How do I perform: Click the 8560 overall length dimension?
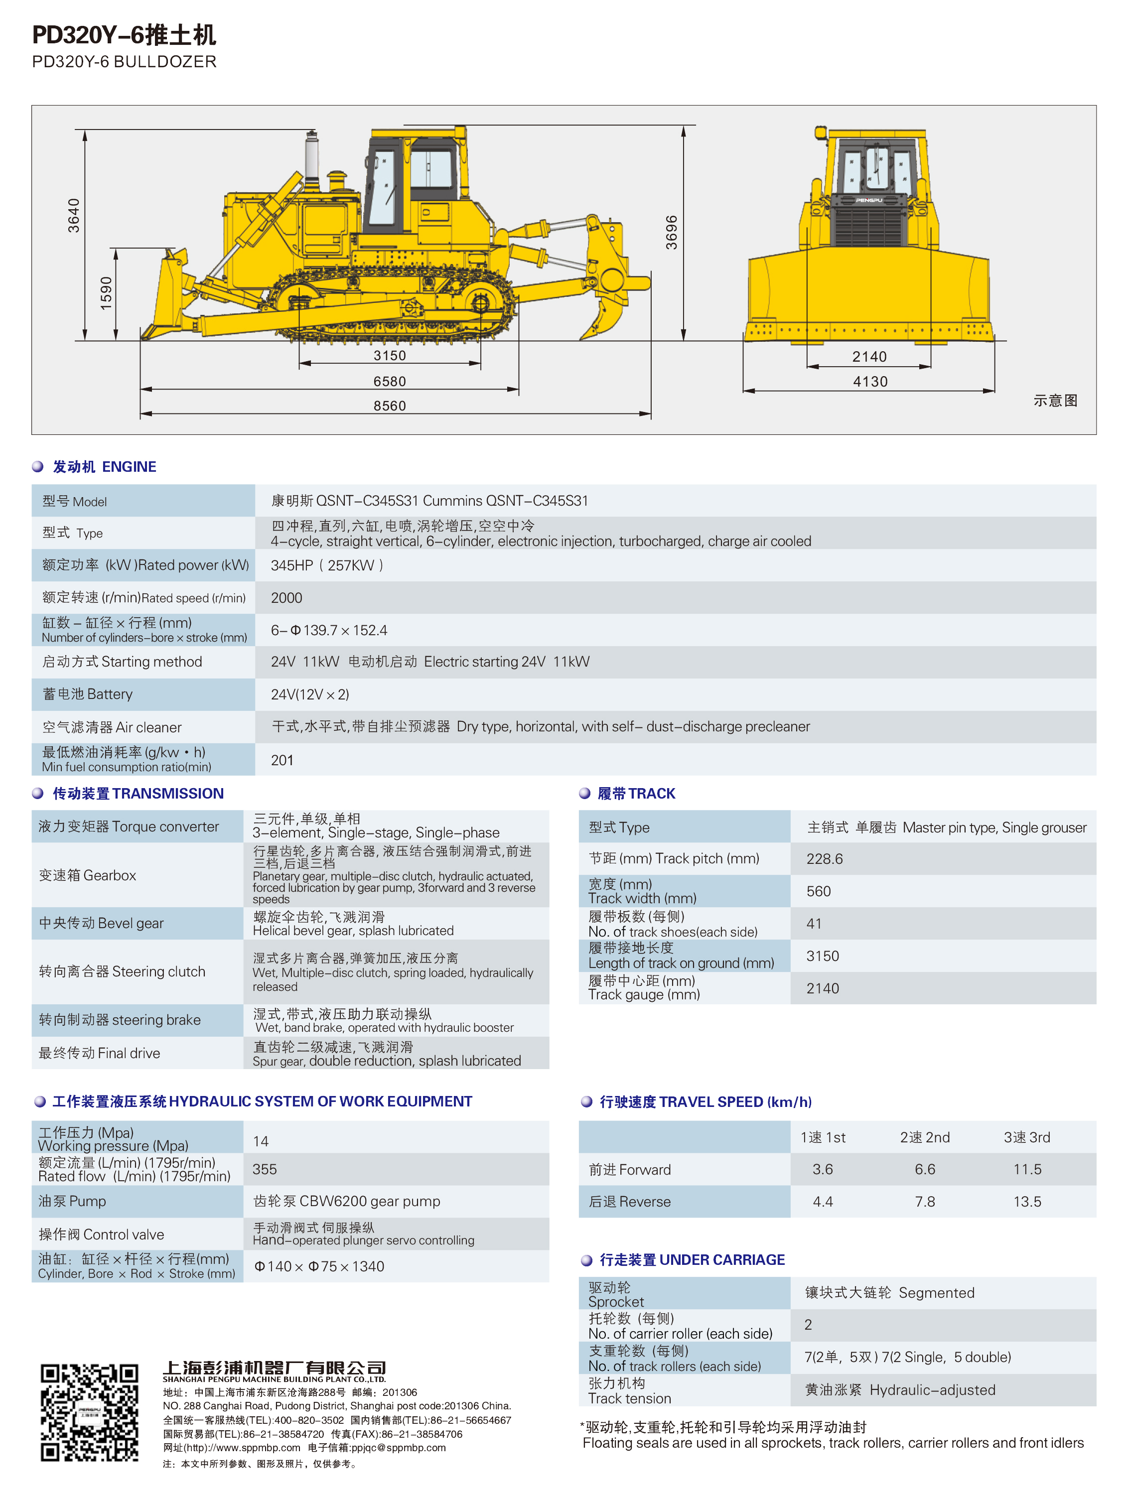(390, 406)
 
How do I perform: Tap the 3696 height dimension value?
(671, 233)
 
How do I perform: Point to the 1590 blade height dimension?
(106, 293)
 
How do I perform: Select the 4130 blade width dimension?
(869, 382)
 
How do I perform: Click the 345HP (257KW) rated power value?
(327, 565)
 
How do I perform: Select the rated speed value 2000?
(286, 598)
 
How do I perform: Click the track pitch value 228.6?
(824, 859)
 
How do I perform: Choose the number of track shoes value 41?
(814, 924)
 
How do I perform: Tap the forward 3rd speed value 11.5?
(1027, 1169)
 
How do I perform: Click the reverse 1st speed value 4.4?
(823, 1202)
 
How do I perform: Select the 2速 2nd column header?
(924, 1137)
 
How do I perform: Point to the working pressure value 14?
(261, 1141)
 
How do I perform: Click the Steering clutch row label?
(122, 972)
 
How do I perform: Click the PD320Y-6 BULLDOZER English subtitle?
(124, 62)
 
